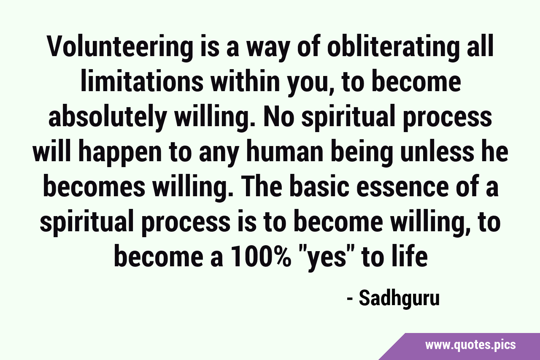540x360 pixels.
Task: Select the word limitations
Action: (x=142, y=81)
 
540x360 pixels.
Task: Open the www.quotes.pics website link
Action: (x=470, y=345)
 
